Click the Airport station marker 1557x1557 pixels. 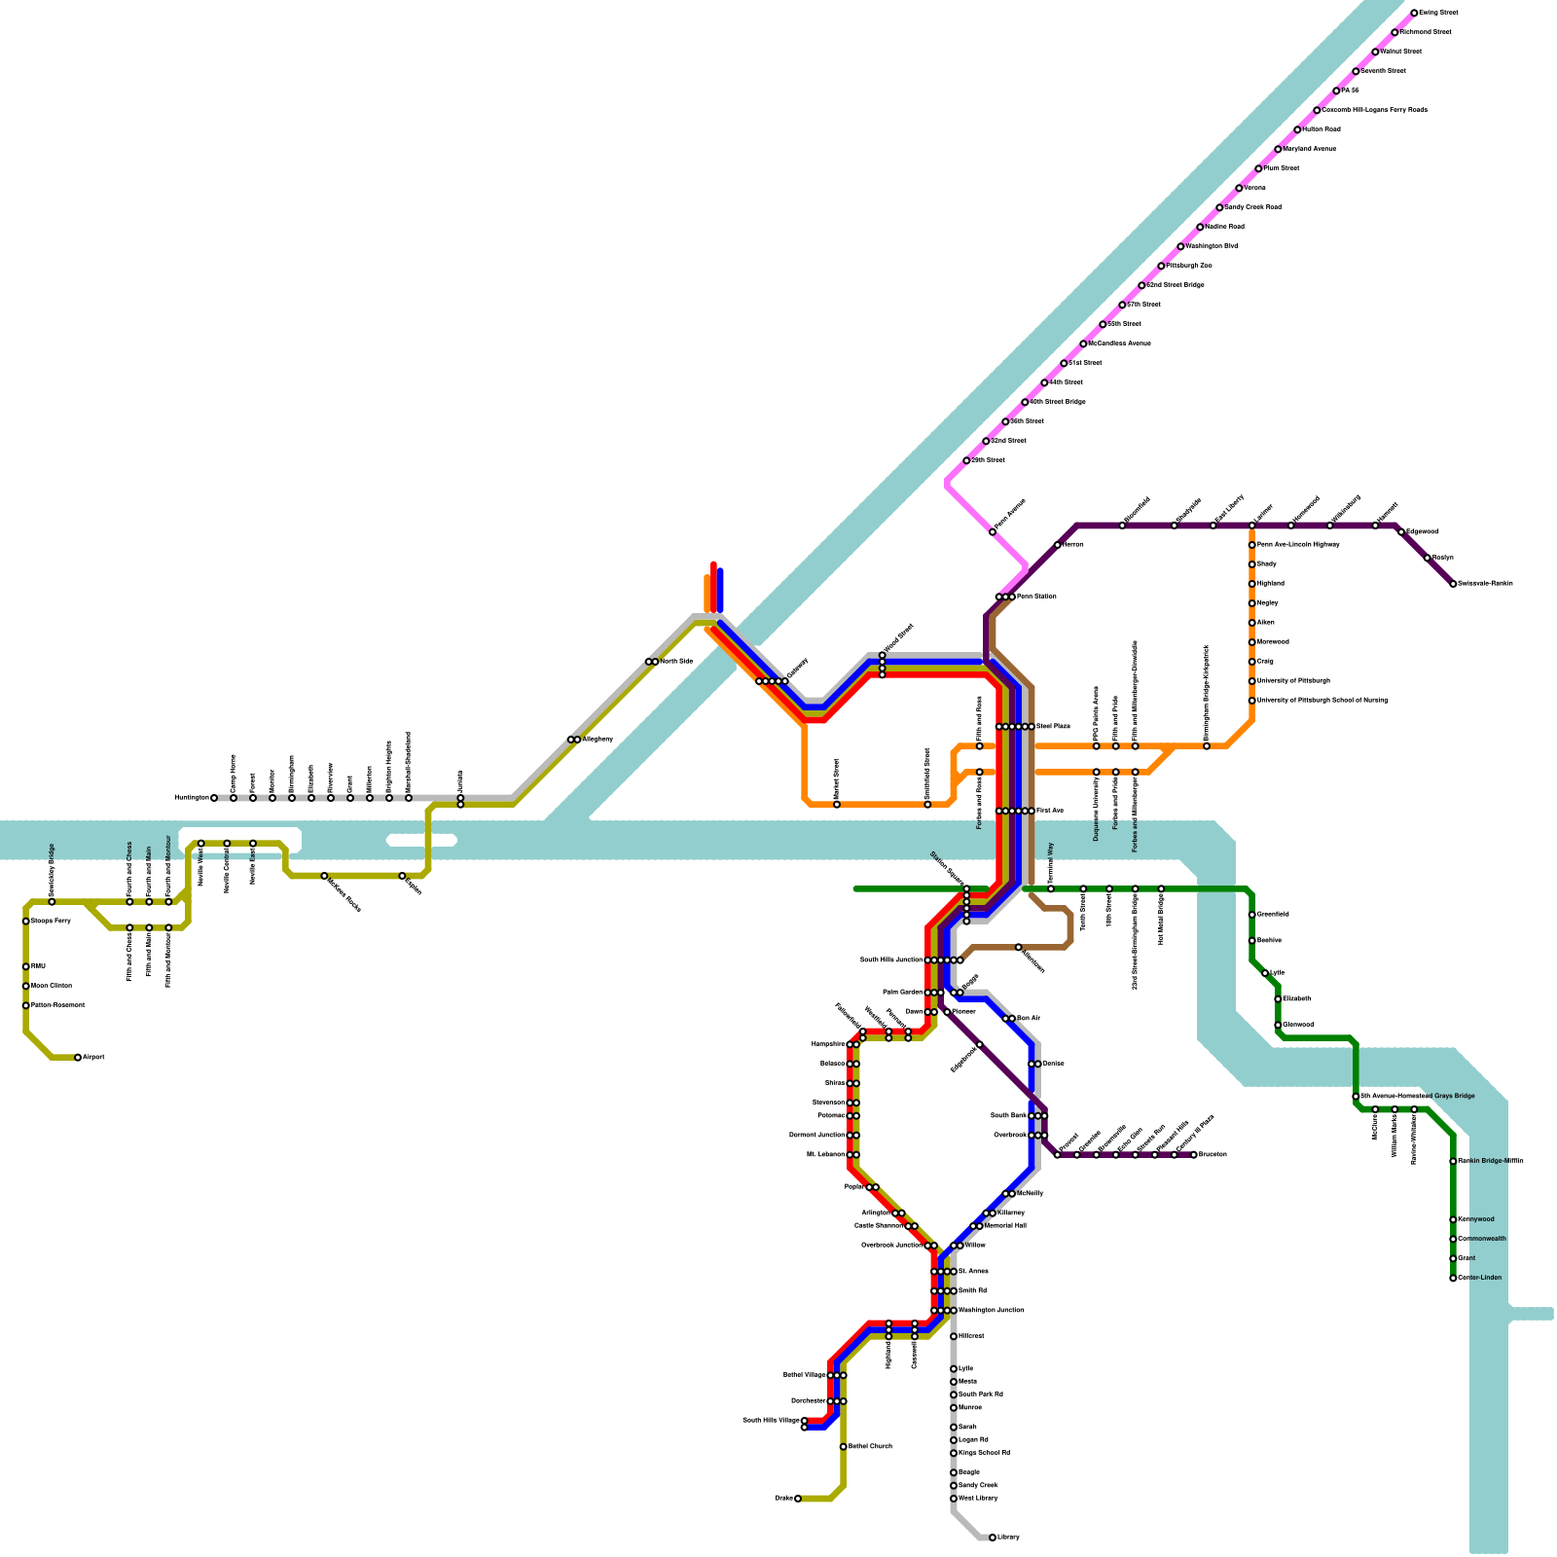[x=78, y=1058]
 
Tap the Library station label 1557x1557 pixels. [x=1009, y=1538]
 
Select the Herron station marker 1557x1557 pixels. [x=1058, y=545]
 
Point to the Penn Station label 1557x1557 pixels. [x=1036, y=597]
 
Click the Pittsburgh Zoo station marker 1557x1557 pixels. [x=1161, y=266]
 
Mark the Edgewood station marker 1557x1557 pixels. [x=1401, y=532]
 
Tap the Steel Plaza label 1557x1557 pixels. [x=1053, y=727]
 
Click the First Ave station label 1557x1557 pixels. [x=1050, y=811]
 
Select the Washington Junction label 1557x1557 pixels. [x=992, y=1311]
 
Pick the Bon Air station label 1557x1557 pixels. [x=1029, y=1019]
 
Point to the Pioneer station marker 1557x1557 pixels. [x=947, y=1012]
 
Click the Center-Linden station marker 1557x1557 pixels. [x=1453, y=1278]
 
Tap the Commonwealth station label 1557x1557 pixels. [x=1483, y=1239]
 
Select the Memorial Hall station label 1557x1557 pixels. [x=1006, y=1226]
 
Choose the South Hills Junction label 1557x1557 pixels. [x=891, y=960]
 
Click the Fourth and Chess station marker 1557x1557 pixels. [x=129, y=902]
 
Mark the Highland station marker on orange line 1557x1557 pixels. [x=1252, y=584]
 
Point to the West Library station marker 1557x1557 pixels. [x=954, y=1499]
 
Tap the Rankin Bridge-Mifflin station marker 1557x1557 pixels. [x=1453, y=1161]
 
